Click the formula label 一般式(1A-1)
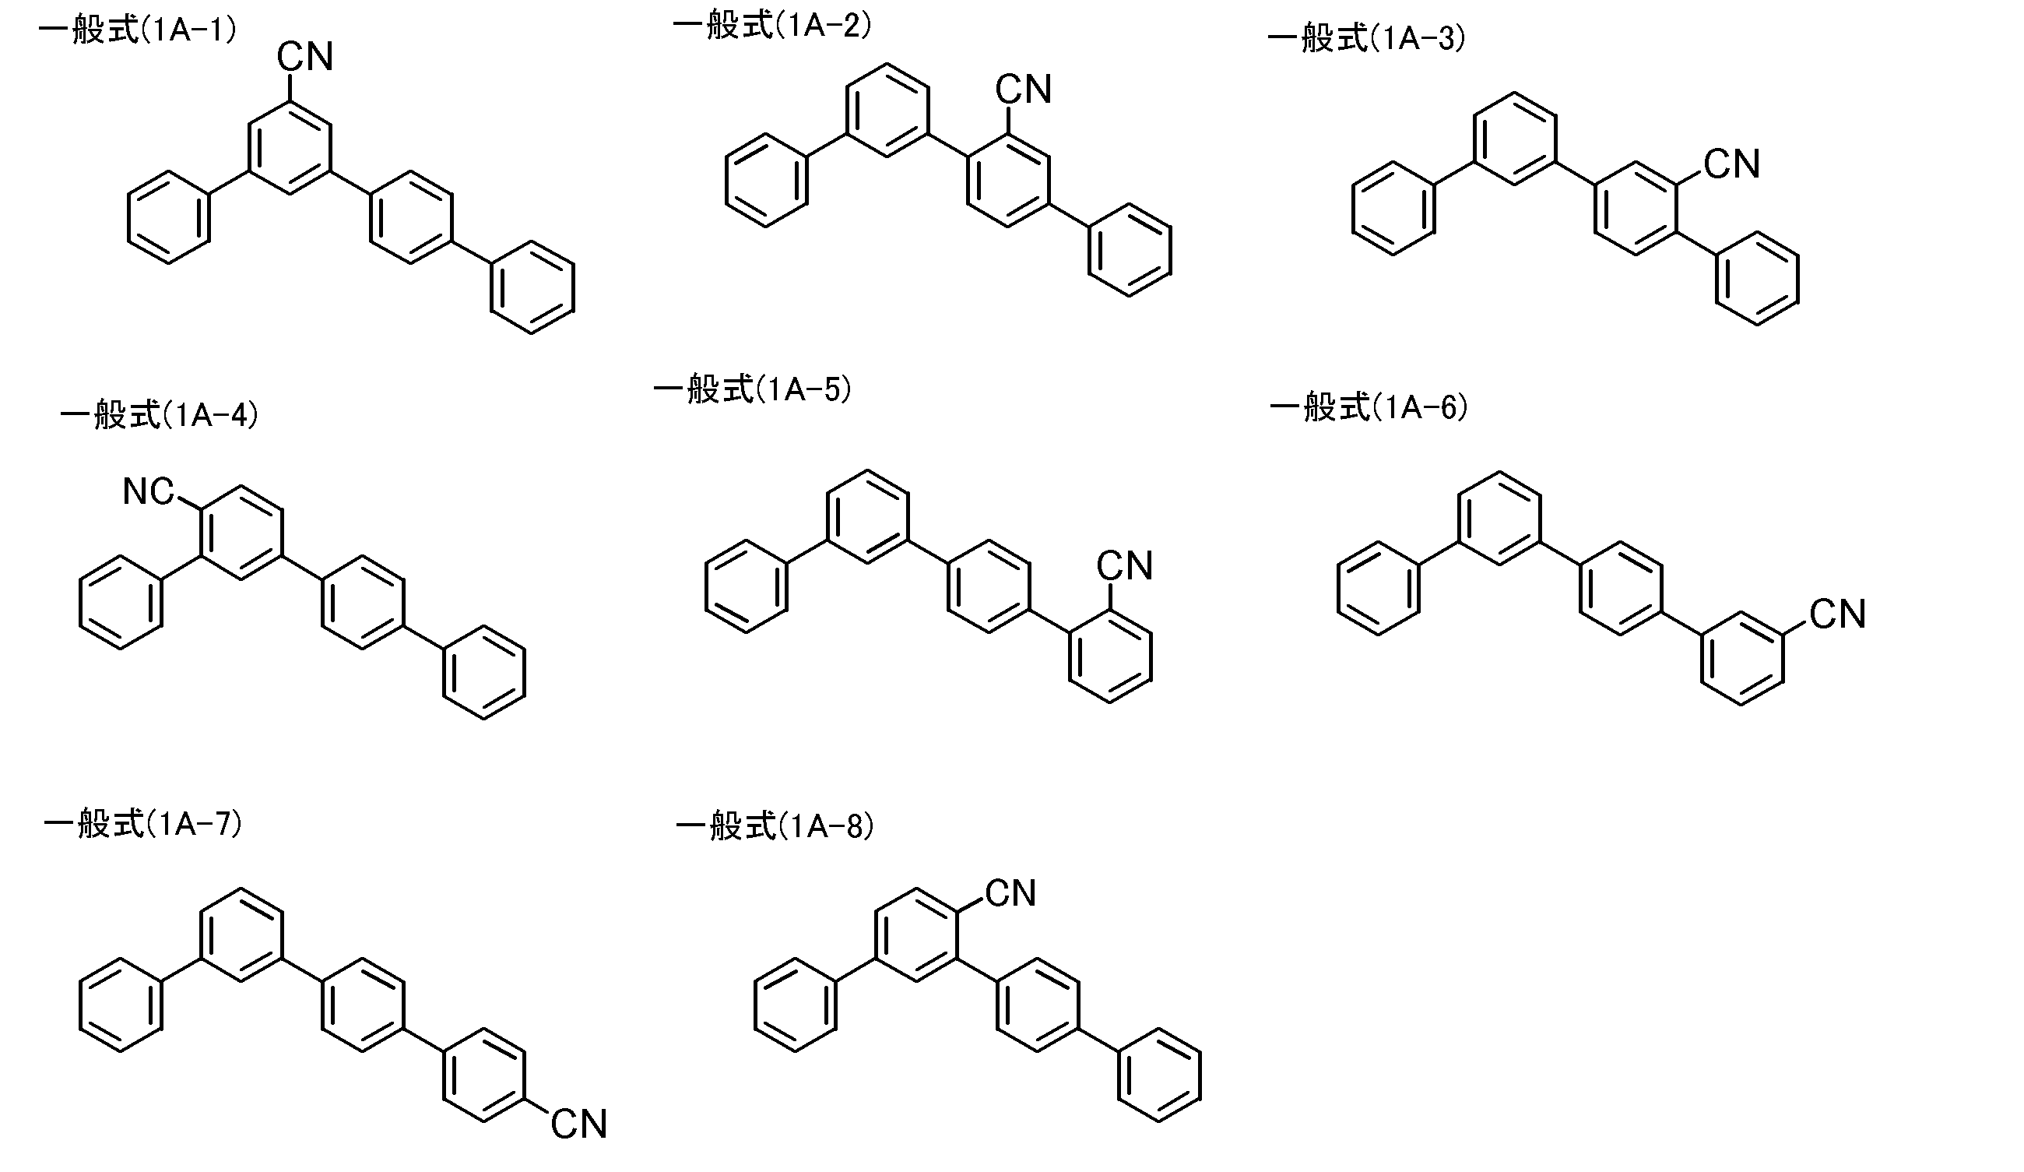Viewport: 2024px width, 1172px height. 137,31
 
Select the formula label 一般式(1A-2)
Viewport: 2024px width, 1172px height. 772,26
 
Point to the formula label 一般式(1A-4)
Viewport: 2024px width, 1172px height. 159,415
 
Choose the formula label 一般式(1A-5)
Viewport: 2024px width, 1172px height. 753,389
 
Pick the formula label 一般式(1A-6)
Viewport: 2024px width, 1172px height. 1369,407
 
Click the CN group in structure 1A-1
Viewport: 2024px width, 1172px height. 304,57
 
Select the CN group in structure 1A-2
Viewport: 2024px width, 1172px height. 1023,89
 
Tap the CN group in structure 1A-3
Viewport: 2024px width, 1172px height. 1731,164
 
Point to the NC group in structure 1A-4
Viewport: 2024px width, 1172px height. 149,491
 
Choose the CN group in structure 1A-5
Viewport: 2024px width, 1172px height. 1124,565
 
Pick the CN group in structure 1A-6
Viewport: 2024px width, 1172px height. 1838,614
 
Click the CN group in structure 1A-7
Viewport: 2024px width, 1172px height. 578,1124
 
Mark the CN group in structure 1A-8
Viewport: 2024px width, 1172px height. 1010,893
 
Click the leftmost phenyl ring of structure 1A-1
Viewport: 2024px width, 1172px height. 169,217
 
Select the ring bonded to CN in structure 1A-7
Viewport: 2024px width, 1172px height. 484,1074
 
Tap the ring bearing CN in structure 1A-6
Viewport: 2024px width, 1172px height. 1742,658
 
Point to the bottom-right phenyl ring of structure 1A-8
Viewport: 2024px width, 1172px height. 1159,1075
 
